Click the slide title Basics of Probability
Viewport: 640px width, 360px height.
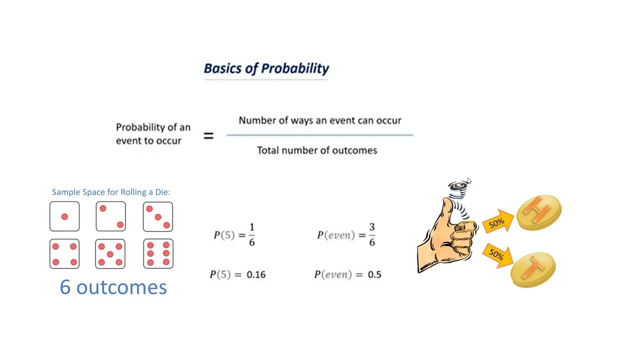(266, 68)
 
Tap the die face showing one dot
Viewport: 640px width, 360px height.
(64, 216)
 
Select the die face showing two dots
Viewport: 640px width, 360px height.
(111, 216)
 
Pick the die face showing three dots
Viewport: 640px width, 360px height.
(158, 216)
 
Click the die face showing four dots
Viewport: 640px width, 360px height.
(64, 254)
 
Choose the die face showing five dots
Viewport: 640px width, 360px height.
(110, 254)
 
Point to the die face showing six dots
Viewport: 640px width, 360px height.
(158, 254)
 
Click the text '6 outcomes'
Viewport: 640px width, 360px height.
(113, 287)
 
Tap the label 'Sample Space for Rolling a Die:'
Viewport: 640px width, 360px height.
(111, 192)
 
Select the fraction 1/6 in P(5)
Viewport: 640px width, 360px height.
(251, 234)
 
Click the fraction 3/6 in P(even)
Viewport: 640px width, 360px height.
(371, 234)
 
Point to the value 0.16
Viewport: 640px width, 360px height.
(256, 274)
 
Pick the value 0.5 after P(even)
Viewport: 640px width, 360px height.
(374, 274)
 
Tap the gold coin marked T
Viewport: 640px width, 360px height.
(533, 268)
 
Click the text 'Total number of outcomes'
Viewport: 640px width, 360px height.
(317, 150)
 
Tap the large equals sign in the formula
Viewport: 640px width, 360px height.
(208, 135)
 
